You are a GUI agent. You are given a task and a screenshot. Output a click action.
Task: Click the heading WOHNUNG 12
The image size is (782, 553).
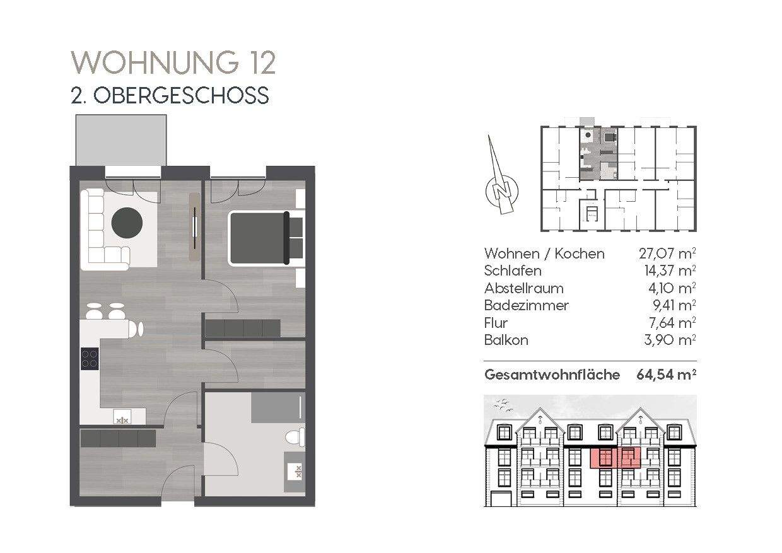[173, 63]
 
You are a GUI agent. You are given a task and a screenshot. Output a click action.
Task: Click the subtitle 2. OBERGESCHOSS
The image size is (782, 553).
[170, 95]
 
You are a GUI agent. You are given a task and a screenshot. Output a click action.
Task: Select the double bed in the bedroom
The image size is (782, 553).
[259, 237]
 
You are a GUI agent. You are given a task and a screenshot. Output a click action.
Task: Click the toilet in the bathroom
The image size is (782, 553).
[295, 436]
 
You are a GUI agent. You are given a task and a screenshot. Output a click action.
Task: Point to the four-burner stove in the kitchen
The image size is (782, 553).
[90, 359]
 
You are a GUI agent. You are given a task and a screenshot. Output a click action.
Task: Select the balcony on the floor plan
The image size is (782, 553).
[121, 139]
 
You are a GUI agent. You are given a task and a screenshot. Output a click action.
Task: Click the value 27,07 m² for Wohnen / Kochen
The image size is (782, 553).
[667, 253]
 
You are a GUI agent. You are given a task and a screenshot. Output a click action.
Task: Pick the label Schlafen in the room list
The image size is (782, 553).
[513, 271]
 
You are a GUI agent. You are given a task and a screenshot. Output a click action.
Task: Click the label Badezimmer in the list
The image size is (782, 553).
[526, 306]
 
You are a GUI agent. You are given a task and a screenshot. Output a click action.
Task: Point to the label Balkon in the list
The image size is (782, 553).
[506, 341]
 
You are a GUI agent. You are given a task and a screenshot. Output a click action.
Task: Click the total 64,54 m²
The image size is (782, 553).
[667, 375]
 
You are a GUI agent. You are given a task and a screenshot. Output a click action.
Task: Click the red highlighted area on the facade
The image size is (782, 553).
[616, 457]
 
